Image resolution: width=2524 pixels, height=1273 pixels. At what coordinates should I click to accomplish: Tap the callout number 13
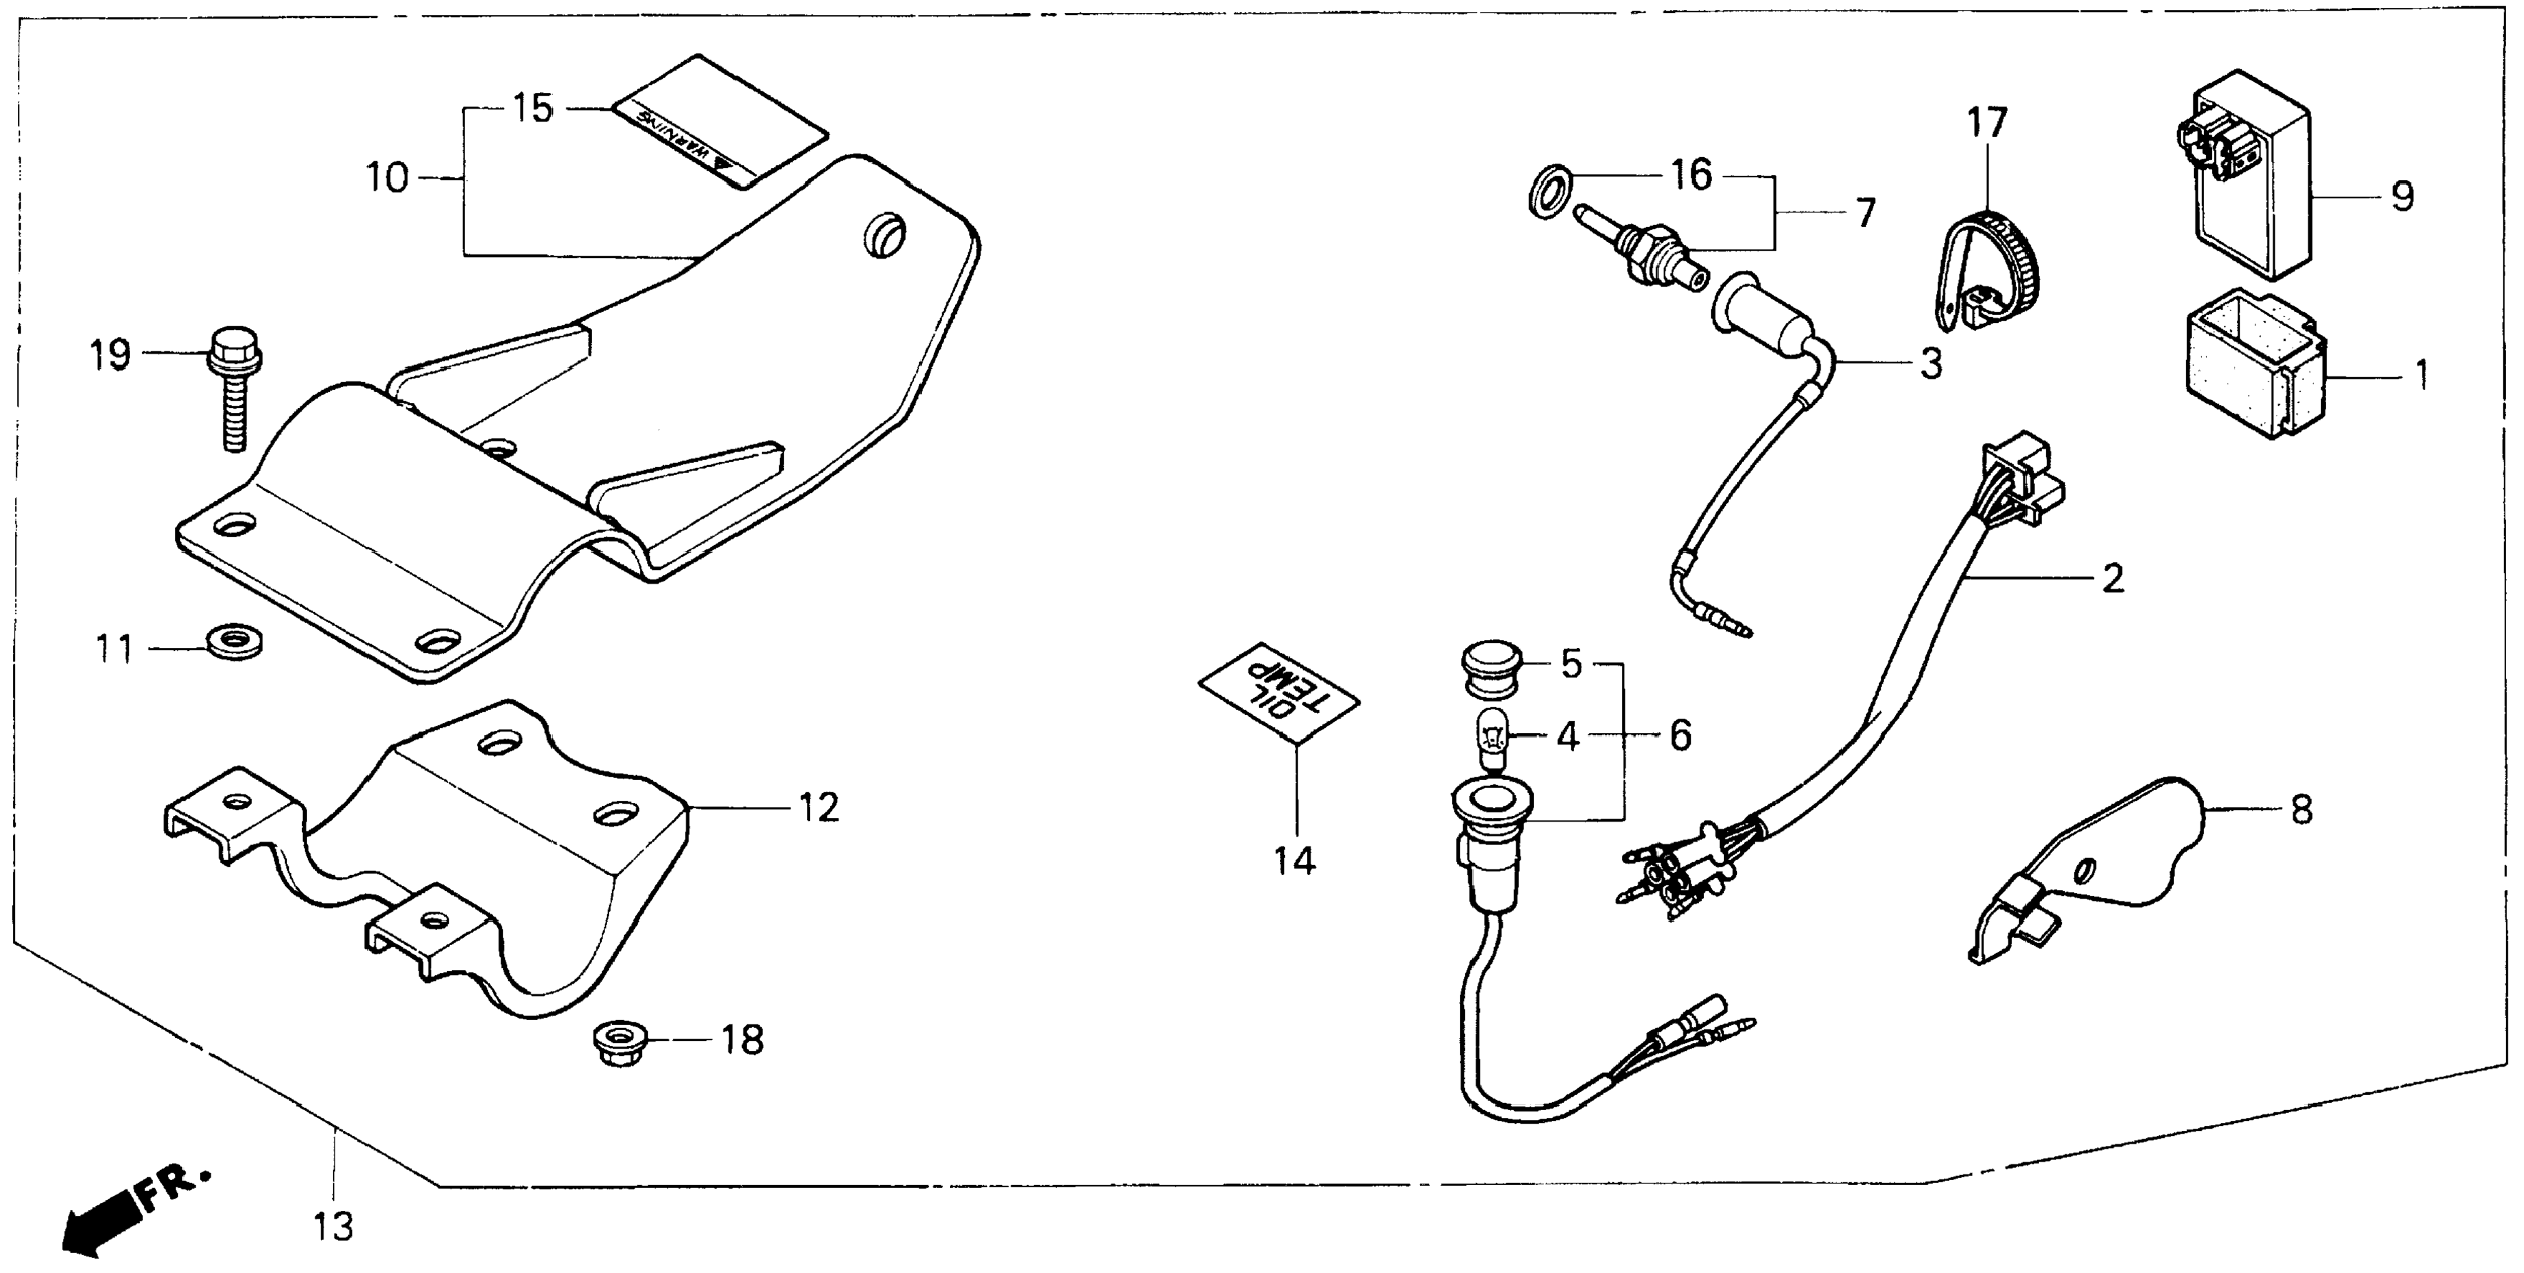(x=334, y=1226)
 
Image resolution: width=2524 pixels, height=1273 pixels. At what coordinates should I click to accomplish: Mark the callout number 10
(x=387, y=179)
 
